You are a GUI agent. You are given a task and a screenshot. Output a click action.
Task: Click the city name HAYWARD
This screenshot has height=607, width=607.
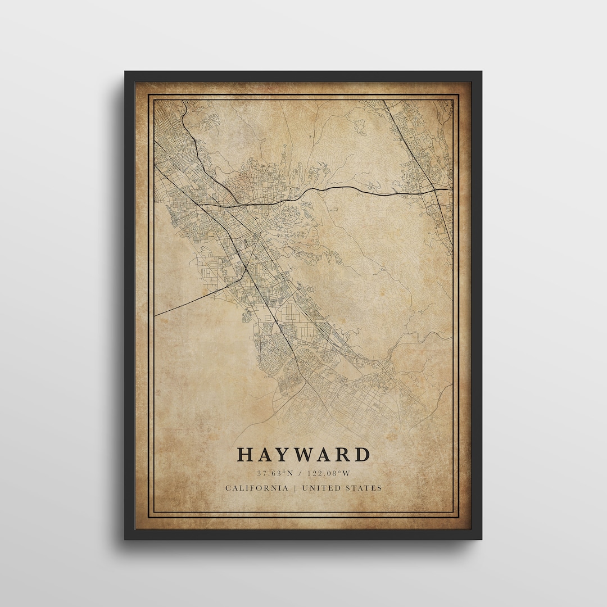coord(303,455)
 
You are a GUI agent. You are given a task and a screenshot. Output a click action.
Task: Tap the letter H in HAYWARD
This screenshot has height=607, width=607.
coord(244,455)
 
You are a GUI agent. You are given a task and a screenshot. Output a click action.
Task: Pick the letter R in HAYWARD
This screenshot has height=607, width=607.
coord(343,455)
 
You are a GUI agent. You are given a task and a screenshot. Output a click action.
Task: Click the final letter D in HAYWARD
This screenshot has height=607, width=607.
coord(363,455)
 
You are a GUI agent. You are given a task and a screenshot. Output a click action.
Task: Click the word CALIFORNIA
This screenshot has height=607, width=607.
coord(257,488)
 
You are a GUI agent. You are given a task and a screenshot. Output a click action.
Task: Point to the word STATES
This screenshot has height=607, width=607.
coord(364,488)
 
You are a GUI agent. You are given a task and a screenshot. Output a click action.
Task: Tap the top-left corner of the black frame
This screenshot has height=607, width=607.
coord(126,73)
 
